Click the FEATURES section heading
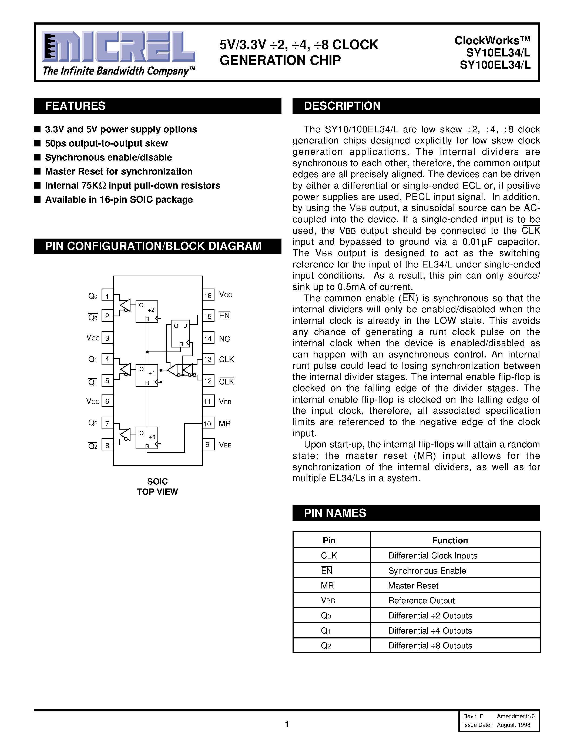pyautogui.click(x=75, y=106)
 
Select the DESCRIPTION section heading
pyautogui.click(x=342, y=106)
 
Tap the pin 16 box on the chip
pyautogui.click(x=208, y=295)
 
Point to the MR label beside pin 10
pyautogui.click(x=224, y=424)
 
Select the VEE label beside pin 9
pyautogui.click(x=225, y=445)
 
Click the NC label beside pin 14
pyautogui.click(x=224, y=339)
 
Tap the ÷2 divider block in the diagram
pyautogui.click(x=147, y=311)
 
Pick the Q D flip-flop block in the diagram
pyautogui.click(x=180, y=333)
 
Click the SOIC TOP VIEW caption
pyautogui.click(x=157, y=487)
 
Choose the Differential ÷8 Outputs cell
pyautogui.click(x=430, y=645)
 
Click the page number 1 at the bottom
pyautogui.click(x=287, y=724)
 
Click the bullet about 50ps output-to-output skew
pyautogui.click(x=106, y=143)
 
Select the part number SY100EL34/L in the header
pyautogui.click(x=495, y=65)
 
